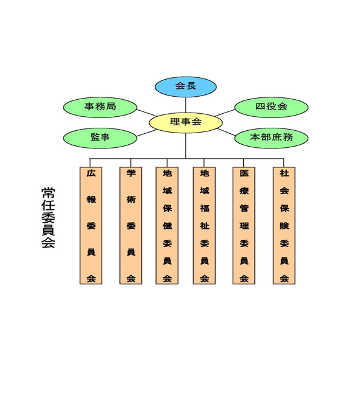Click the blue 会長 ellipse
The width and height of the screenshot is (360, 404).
(186, 86)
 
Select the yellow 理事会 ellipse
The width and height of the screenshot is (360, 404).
(186, 123)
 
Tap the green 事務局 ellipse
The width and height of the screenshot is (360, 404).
(100, 107)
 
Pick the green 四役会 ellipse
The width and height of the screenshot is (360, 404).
(271, 107)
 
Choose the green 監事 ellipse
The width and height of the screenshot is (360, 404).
(100, 138)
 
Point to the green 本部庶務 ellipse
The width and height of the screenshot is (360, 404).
(271, 138)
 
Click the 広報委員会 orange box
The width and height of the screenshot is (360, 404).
(91, 226)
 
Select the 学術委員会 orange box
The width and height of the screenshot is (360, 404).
(131, 226)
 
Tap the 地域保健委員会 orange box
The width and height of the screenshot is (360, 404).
(167, 226)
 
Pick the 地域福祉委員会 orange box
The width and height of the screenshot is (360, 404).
(204, 226)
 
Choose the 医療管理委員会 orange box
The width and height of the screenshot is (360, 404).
(244, 226)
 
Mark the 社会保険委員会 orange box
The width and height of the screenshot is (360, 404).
(284, 226)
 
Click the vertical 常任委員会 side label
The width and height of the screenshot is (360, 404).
(48, 218)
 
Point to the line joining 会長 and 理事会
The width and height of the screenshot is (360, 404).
(186, 105)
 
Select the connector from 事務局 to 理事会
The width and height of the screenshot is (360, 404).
(146, 113)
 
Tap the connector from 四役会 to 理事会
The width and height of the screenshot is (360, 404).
(225, 113)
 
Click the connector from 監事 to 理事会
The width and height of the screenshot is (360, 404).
(146, 133)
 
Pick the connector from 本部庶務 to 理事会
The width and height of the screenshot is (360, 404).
(226, 132)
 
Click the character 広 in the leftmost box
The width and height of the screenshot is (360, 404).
(91, 173)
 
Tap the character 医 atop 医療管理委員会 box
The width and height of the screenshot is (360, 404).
(244, 173)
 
